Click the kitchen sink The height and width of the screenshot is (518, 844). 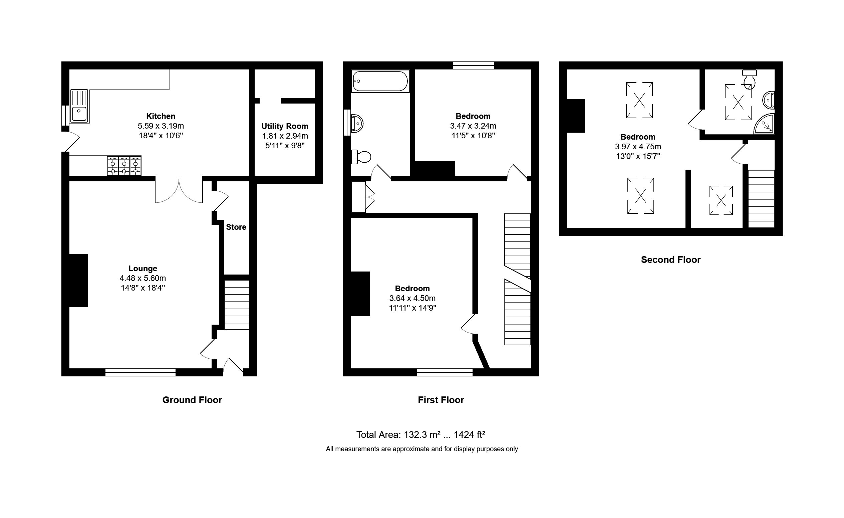click(x=79, y=106)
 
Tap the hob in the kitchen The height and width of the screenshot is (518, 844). click(x=124, y=166)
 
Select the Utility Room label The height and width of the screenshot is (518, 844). click(x=285, y=126)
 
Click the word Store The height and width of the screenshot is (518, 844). click(x=236, y=227)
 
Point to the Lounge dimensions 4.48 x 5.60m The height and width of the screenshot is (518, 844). click(x=143, y=278)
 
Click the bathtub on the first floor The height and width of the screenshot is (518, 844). click(x=380, y=81)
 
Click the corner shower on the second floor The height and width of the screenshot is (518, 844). click(x=765, y=124)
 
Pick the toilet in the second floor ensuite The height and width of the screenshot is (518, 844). click(x=750, y=79)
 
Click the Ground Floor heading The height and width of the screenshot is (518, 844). click(x=192, y=400)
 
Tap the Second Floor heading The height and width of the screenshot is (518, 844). click(x=671, y=260)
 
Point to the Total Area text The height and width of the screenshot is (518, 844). click(x=420, y=435)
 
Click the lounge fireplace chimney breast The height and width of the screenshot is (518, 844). click(x=78, y=280)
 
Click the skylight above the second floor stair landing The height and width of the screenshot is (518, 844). click(x=721, y=200)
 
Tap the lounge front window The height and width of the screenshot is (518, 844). click(x=140, y=372)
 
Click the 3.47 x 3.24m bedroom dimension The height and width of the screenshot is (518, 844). click(x=473, y=126)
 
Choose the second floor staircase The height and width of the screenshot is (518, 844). click(x=761, y=198)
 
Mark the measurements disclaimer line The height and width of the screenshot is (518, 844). click(x=421, y=449)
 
